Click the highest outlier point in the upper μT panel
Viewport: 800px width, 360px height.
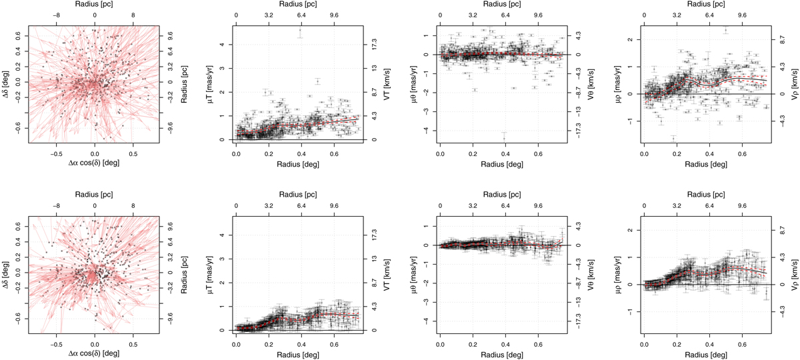click(x=301, y=31)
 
